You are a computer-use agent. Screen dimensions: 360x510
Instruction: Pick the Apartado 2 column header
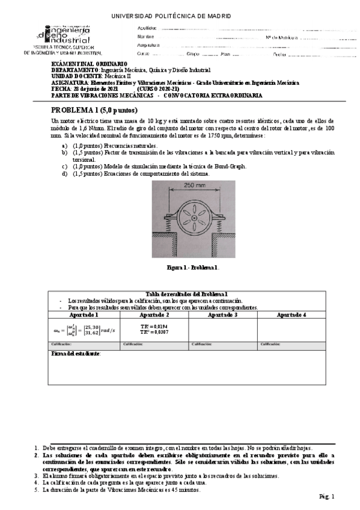tap(154, 315)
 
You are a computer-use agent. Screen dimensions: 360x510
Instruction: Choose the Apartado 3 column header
tap(222, 315)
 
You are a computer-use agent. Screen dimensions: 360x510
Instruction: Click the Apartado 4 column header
tap(291, 315)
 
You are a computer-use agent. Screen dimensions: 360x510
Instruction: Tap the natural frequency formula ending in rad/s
tap(84, 329)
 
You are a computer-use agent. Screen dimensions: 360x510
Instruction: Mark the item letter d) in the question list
tap(65, 174)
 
